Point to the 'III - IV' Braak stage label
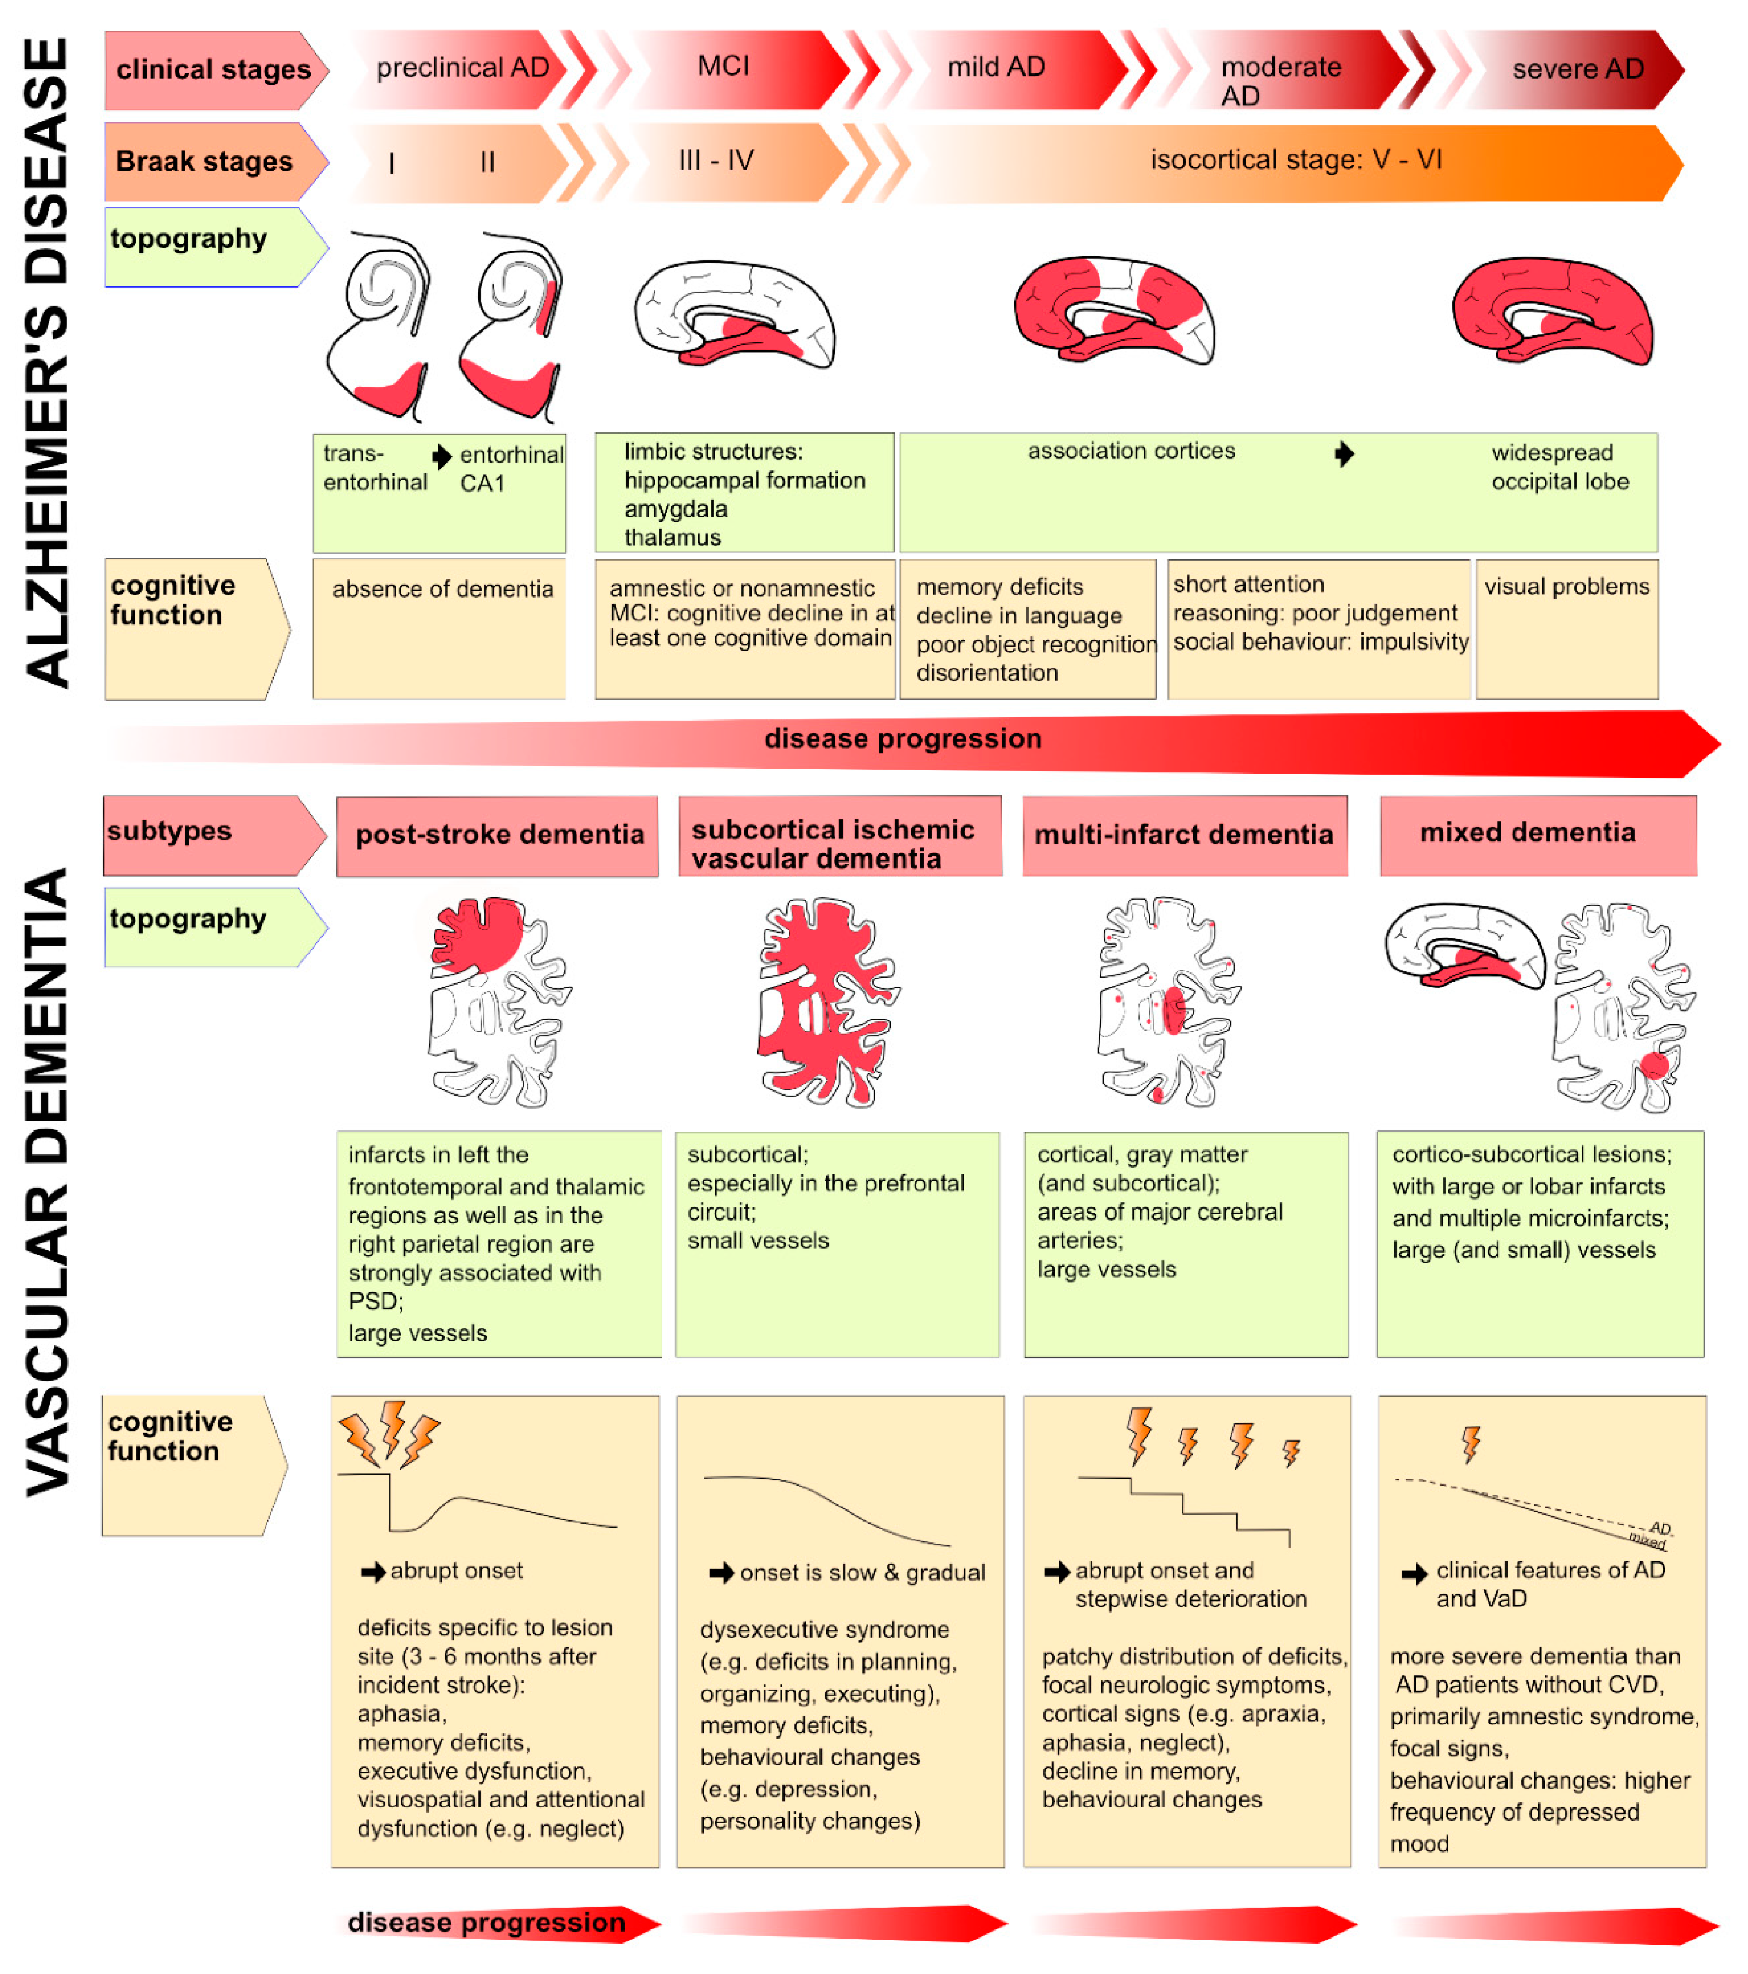716,160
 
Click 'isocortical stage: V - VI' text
1295,159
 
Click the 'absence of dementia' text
442,589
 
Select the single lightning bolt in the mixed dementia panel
1470,1445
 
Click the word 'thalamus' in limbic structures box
672,537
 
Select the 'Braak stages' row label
204,161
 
